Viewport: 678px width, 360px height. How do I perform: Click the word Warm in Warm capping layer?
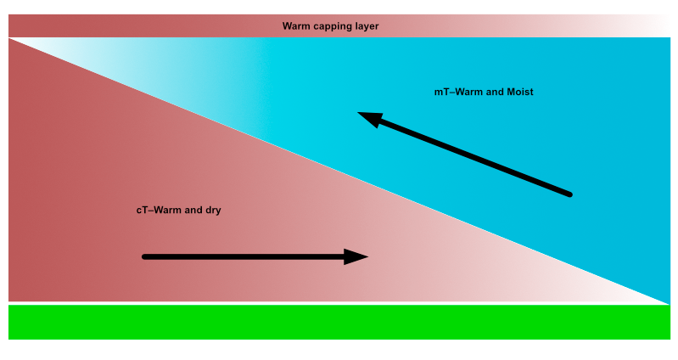[294, 26]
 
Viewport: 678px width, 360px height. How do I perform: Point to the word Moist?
[520, 92]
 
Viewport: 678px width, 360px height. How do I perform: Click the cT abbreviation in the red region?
[143, 211]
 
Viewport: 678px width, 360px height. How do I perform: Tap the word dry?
[213, 211]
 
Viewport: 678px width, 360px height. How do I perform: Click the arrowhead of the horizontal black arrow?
[356, 256]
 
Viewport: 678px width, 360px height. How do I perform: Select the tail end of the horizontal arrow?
[144, 257]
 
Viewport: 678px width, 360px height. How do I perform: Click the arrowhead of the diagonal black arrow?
[370, 119]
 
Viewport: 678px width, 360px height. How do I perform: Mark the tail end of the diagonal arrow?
[570, 194]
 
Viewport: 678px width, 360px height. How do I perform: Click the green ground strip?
[339, 322]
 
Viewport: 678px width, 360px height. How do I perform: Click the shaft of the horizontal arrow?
[244, 257]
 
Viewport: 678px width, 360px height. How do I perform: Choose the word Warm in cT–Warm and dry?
[165, 211]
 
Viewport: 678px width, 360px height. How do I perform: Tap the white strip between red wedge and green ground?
[339, 303]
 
